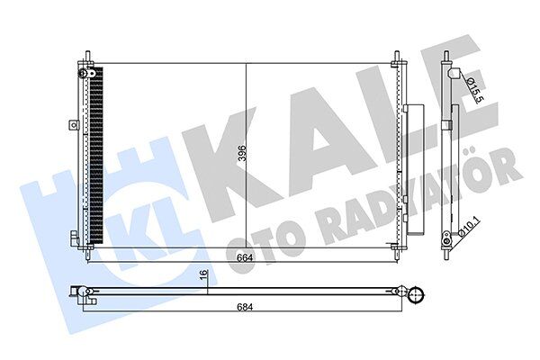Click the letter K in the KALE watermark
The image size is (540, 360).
(225, 153)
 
